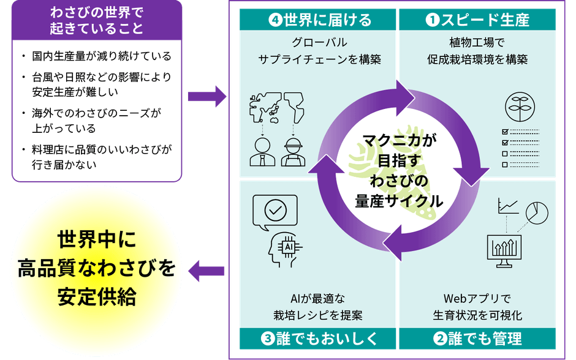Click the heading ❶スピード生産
click(477, 20)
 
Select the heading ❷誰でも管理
click(477, 339)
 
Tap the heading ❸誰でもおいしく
click(319, 339)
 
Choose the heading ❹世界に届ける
click(319, 20)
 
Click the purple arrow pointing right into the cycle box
click(207, 97)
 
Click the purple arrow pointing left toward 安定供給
click(207, 271)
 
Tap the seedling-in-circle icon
click(520, 107)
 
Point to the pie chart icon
click(537, 212)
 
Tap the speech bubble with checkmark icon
click(275, 212)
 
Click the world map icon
click(276, 108)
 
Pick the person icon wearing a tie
click(262, 152)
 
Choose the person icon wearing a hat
click(293, 152)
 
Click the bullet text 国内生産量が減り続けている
click(102, 56)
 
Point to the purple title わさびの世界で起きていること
click(97, 21)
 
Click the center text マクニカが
click(400, 140)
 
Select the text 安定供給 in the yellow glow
click(97, 296)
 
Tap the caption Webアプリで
click(477, 299)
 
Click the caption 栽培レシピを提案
click(318, 315)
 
